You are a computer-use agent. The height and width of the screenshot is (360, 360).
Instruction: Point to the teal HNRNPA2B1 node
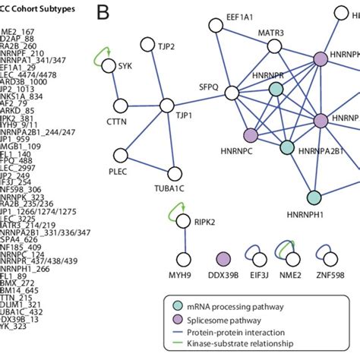[287, 147]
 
